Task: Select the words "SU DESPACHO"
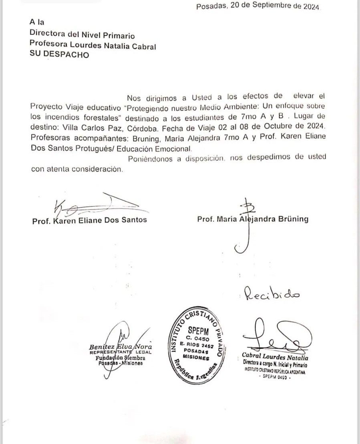60,55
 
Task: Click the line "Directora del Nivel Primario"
82,36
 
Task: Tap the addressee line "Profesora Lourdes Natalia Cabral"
93,46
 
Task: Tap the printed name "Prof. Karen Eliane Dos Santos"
89,220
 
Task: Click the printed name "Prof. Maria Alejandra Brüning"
253,219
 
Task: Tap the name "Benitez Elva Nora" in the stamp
120,347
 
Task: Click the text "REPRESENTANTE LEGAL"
120,352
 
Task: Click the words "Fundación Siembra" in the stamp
120,358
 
